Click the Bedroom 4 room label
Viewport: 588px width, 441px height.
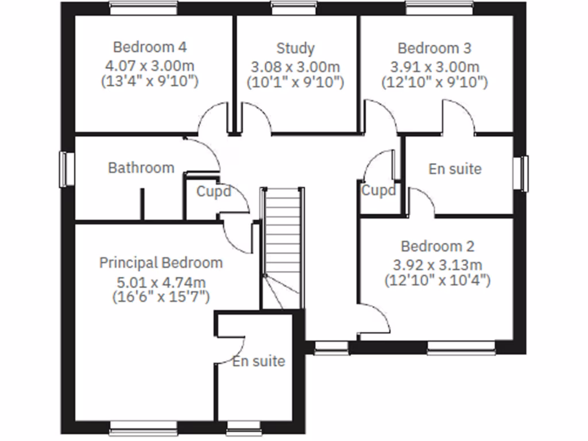pos(149,47)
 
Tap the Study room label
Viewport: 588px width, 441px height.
pos(295,48)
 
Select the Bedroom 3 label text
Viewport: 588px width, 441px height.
pos(435,48)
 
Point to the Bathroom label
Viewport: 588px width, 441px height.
pos(141,168)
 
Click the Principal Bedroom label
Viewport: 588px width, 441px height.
pos(161,263)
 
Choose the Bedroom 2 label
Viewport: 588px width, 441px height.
pos(438,247)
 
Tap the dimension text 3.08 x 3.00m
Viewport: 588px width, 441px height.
pos(295,67)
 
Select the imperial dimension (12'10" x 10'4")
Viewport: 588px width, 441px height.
pos(438,280)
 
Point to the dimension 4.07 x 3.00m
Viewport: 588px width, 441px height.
pos(149,65)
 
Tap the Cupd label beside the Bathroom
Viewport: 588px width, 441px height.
pos(214,191)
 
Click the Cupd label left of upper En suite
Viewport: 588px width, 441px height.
pos(378,190)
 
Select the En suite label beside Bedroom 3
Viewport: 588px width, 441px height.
pos(455,169)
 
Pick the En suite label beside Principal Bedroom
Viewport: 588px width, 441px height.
pos(258,361)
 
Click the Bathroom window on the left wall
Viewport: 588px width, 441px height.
pos(66,169)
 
